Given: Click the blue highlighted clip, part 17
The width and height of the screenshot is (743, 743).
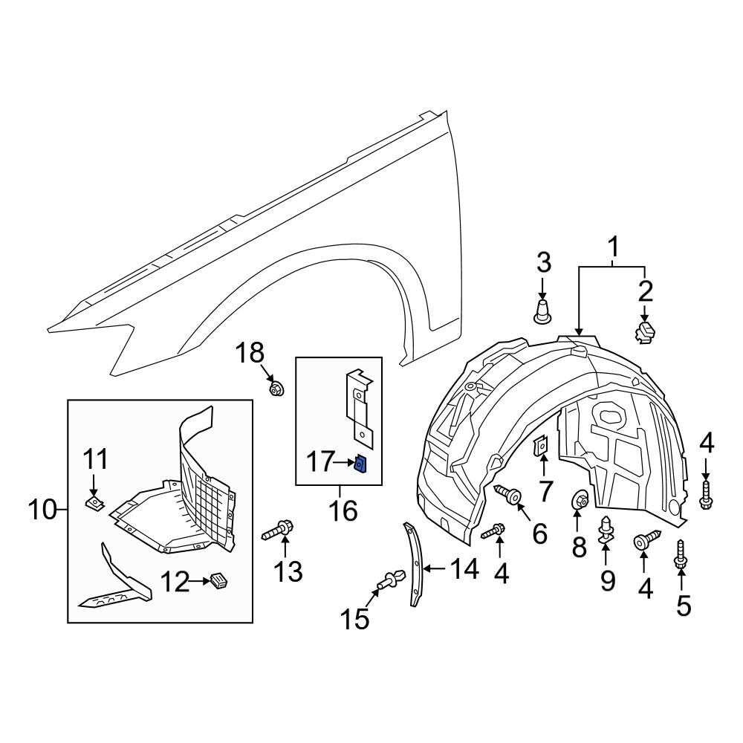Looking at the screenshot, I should [360, 464].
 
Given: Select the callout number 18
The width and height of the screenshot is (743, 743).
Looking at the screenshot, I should [250, 354].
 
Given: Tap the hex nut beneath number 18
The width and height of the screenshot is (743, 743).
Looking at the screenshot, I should [276, 387].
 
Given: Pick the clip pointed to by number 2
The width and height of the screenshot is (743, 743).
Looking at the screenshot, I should [644, 331].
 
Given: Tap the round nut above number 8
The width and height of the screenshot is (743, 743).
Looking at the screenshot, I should [580, 501].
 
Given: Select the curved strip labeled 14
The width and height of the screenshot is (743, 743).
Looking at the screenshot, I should [413, 565].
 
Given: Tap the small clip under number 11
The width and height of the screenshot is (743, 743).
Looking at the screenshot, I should [94, 504].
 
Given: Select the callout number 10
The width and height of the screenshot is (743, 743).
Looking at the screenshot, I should [42, 510].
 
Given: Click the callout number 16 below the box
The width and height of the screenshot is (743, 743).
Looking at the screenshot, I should [339, 510].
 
